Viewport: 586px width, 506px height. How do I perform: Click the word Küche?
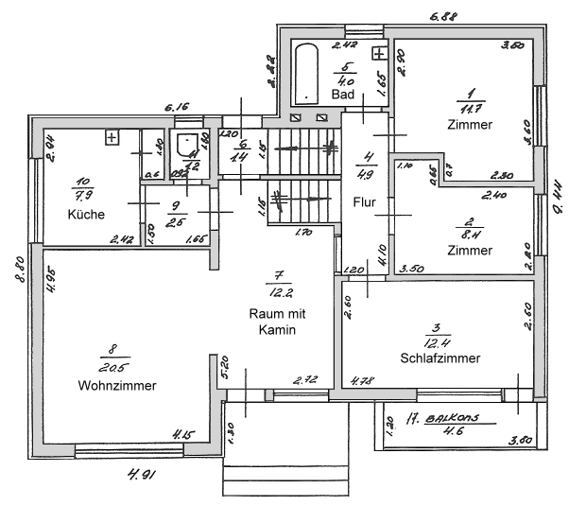[x=85, y=215]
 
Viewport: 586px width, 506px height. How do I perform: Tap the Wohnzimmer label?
[x=117, y=385]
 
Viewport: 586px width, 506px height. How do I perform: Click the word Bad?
[x=342, y=96]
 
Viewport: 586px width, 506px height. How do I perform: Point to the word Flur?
[x=365, y=202]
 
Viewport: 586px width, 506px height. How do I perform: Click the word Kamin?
[x=279, y=330]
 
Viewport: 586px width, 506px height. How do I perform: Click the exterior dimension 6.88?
[x=443, y=16]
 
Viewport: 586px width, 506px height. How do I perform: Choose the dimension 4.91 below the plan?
[x=139, y=473]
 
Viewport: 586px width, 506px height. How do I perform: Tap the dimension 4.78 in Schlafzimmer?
[x=361, y=382]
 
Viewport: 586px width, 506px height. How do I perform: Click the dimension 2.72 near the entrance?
[x=304, y=380]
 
